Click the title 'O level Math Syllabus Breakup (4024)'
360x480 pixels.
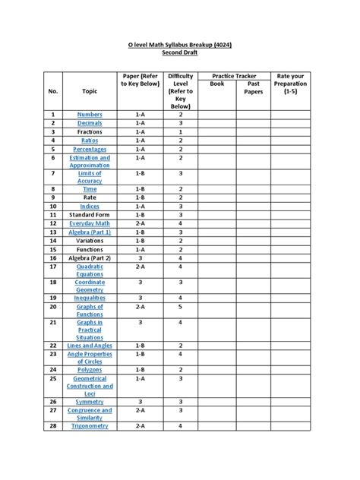[x=179, y=46]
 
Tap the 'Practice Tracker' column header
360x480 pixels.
[x=235, y=77]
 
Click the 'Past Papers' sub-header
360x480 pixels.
[x=253, y=89]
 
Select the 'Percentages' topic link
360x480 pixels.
[x=90, y=150]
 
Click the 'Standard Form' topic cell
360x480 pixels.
[x=90, y=215]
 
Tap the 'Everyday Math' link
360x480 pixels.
[x=90, y=224]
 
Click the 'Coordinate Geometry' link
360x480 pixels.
[x=90, y=286]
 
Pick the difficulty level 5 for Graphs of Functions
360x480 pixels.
[x=181, y=307]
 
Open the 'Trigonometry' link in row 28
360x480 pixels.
[x=90, y=427]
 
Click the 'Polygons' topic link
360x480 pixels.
[x=90, y=369]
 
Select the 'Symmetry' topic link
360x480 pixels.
[x=90, y=402]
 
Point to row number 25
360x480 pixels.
[x=54, y=378]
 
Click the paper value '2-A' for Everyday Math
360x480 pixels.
[x=140, y=224]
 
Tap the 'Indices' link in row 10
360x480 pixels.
[x=90, y=206]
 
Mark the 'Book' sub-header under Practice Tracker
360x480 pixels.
[x=217, y=86]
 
